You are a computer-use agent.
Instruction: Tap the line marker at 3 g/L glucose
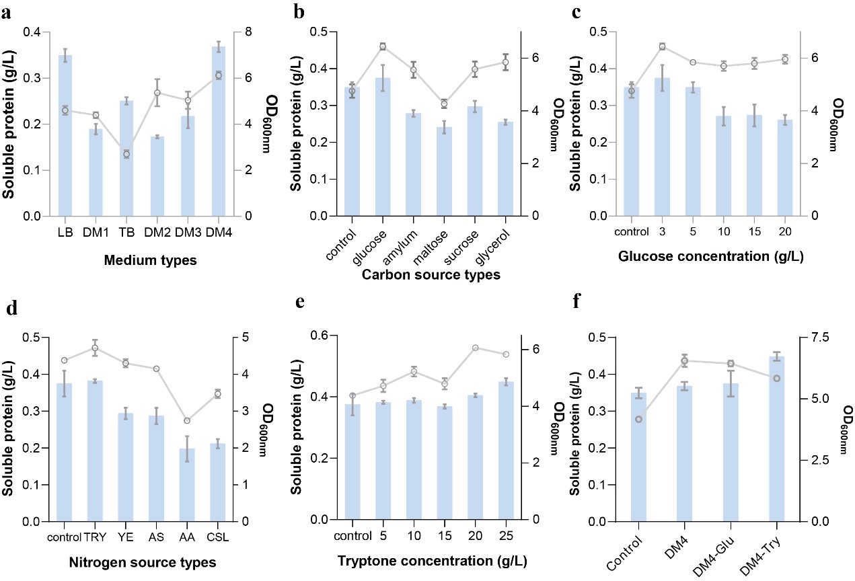point(662,46)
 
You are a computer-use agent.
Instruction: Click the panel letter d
point(11,311)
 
